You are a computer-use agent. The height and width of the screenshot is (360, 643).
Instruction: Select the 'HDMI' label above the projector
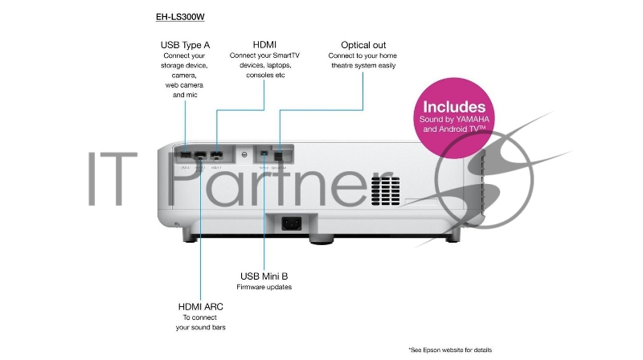pos(265,43)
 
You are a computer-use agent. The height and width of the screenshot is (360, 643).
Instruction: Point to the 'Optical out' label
pos(362,43)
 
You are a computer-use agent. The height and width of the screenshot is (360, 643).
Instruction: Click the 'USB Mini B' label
pos(264,276)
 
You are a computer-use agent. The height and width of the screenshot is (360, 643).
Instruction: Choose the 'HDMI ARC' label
pos(201,306)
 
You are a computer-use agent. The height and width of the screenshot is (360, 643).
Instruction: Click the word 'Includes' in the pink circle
pos(454,107)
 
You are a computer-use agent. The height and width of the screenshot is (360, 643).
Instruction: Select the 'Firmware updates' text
pos(264,287)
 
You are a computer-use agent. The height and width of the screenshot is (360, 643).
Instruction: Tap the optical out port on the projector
pos(279,152)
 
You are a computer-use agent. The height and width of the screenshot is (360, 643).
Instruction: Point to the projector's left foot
pos(186,234)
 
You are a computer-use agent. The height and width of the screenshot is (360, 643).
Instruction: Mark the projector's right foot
pos(453,233)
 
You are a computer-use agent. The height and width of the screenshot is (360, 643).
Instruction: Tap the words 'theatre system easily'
pos(362,65)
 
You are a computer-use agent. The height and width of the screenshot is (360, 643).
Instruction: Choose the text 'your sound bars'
pos(201,328)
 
